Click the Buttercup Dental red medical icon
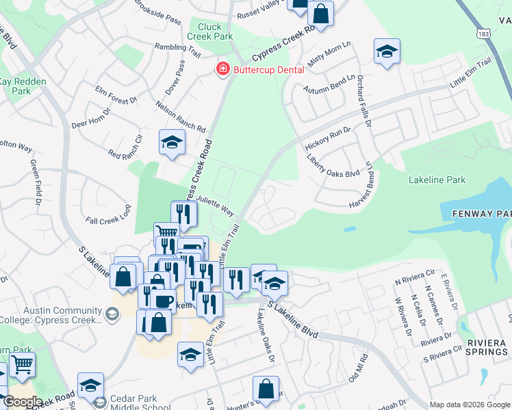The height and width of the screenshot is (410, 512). coord(222,69)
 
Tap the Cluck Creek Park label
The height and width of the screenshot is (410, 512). coord(210,31)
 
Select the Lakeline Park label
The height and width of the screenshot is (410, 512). coord(437,180)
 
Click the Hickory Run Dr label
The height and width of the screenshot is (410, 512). coord(327,139)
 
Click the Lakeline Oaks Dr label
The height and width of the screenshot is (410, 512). coord(266,333)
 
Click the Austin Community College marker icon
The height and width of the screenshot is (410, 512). coord(112,314)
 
